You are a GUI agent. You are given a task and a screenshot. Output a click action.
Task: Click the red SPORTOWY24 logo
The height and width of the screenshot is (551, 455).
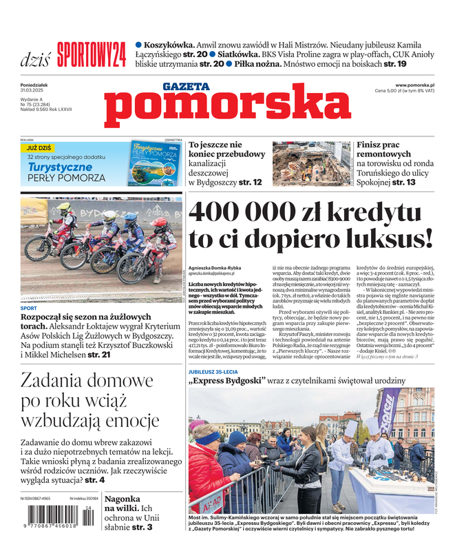click(x=92, y=54)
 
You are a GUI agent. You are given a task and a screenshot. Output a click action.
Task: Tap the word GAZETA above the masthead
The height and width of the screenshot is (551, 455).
click(x=186, y=87)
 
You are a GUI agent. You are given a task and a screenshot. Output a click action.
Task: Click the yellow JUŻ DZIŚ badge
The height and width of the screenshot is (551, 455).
click(x=39, y=147)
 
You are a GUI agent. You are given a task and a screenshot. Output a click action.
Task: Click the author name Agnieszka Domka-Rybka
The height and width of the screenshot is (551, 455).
click(x=215, y=267)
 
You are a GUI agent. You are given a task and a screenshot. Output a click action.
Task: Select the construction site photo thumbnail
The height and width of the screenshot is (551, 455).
click(x=311, y=164)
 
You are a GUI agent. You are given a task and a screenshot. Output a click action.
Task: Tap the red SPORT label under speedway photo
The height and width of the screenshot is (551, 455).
click(x=28, y=308)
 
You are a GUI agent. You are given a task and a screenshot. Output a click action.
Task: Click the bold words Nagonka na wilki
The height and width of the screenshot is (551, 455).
click(x=123, y=503)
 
